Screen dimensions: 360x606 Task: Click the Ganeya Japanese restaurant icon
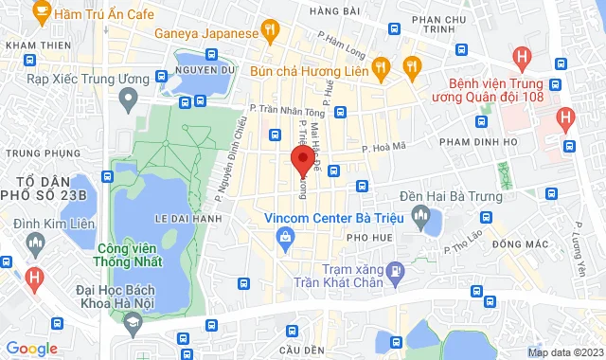(x=271, y=32)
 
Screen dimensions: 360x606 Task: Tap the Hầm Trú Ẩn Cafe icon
(x=42, y=12)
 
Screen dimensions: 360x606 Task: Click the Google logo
(x=31, y=349)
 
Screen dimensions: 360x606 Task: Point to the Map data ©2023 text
(x=564, y=352)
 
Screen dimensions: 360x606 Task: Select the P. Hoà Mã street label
(x=385, y=147)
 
